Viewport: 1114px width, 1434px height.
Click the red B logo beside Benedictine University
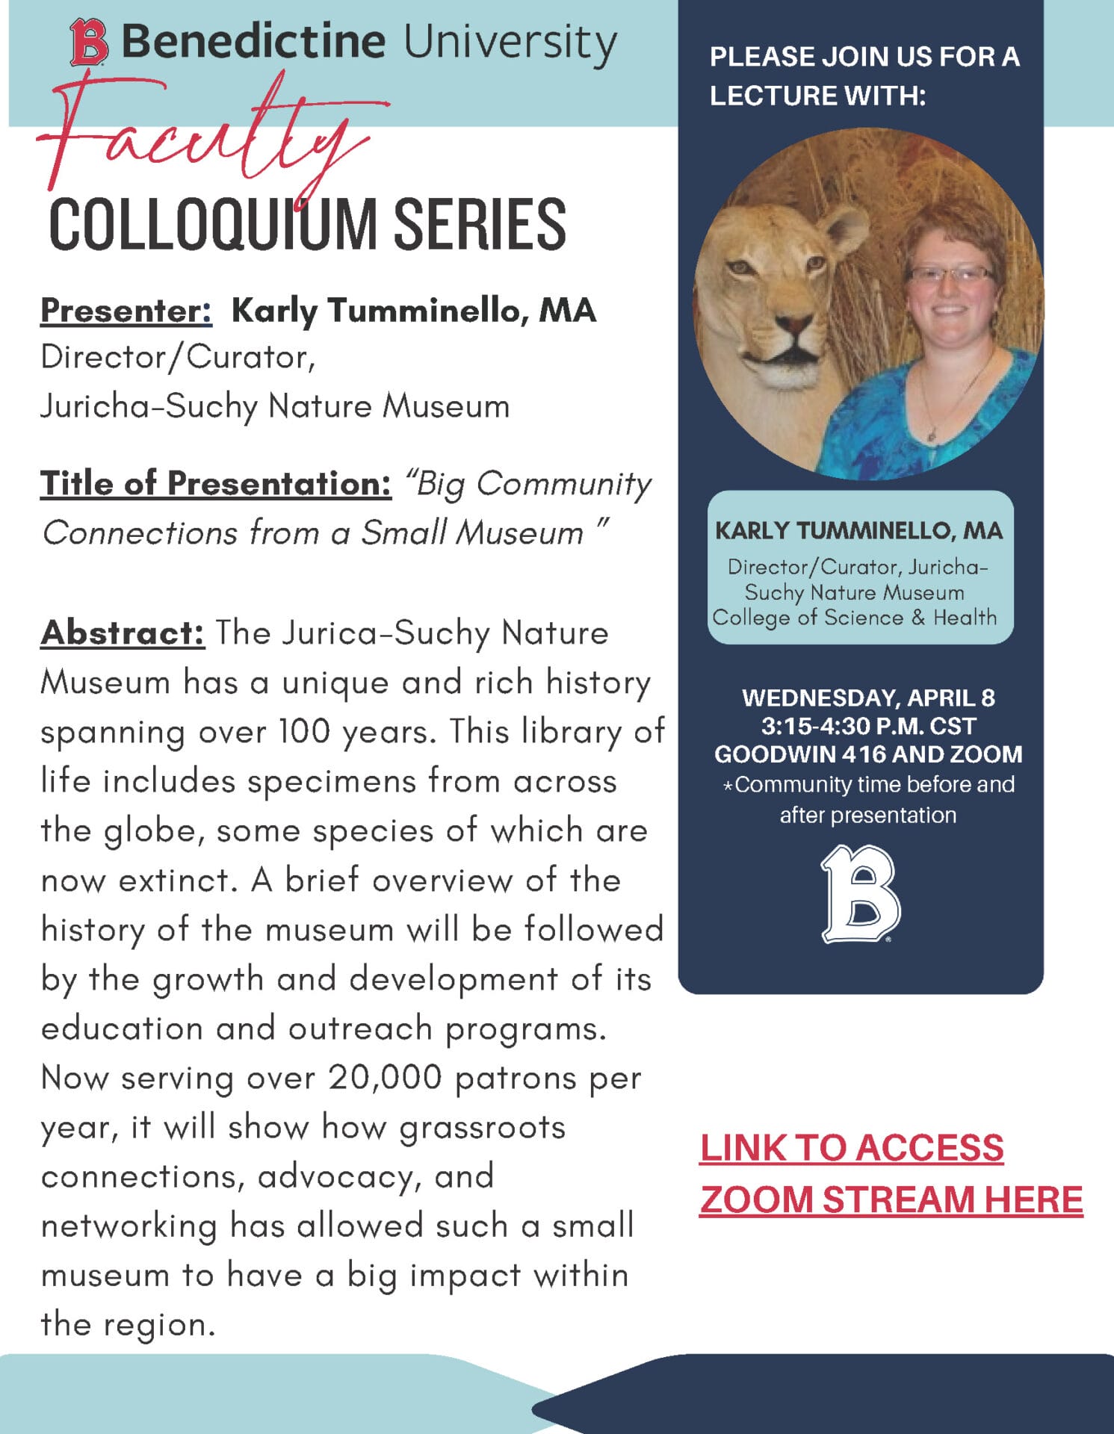[x=89, y=43]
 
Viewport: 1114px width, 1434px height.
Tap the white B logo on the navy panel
[x=861, y=894]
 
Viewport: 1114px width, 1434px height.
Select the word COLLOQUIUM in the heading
[x=213, y=224]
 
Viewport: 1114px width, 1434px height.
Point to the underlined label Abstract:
[x=123, y=633]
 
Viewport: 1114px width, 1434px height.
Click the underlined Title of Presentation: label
[x=215, y=483]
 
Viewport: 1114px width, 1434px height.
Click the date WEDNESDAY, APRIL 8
[x=867, y=698]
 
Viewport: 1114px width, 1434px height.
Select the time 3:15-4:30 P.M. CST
[x=867, y=726]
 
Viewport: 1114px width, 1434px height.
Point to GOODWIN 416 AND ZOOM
[x=867, y=754]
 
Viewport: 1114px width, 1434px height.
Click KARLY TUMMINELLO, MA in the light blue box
[x=858, y=530]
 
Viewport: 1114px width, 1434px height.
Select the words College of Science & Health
[x=854, y=618]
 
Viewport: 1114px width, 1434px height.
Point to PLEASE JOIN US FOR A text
[x=864, y=57]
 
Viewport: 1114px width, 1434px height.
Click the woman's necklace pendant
[x=932, y=434]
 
